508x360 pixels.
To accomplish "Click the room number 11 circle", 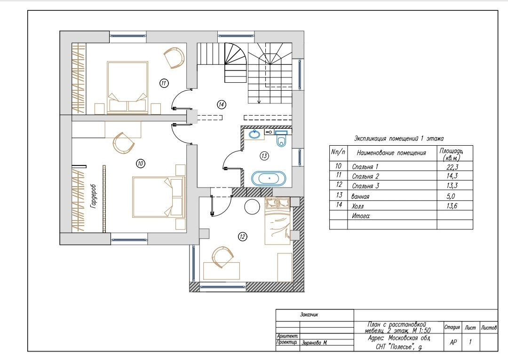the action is click(164, 83).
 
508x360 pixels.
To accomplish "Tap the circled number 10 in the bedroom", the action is click(141, 164).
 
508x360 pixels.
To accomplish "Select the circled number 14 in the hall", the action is click(221, 104).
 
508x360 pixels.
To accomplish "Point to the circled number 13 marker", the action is click(264, 156).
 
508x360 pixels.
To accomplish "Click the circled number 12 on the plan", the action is click(242, 237).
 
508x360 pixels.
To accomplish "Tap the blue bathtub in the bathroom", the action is click(269, 179).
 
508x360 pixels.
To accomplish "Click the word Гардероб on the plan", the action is click(93, 196).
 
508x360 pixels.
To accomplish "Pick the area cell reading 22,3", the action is click(452, 167).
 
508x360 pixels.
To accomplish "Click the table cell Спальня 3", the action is click(365, 186).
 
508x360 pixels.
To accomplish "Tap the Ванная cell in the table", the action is click(360, 196).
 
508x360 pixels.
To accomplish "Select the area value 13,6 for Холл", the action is click(452, 206).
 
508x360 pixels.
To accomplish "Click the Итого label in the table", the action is click(361, 216).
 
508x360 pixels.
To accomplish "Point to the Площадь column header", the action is click(451, 154).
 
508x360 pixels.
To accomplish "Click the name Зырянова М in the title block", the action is click(314, 343).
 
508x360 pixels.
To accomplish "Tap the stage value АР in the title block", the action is click(453, 342).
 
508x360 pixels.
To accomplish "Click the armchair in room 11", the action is click(174, 58).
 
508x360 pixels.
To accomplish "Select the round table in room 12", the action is click(252, 206).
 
